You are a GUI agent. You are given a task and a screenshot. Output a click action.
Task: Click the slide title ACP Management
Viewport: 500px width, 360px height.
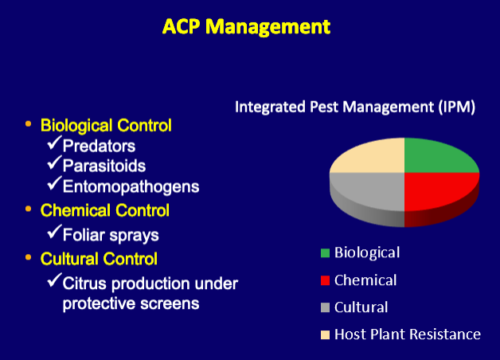[246, 26]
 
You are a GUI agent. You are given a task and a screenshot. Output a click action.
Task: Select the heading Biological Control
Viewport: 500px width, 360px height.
[106, 125]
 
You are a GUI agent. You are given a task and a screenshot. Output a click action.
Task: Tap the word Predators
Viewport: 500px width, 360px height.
[99, 146]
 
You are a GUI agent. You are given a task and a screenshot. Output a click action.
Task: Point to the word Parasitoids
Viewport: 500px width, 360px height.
[104, 166]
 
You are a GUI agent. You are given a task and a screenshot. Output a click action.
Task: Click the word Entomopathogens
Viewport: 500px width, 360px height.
[131, 186]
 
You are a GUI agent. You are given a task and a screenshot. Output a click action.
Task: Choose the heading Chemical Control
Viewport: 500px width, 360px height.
[104, 210]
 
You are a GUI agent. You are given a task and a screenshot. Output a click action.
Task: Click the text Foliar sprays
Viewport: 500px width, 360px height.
[111, 235]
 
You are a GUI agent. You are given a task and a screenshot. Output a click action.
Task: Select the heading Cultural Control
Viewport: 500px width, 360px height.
[99, 259]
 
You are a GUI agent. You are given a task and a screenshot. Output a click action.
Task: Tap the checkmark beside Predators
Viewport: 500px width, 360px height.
[54, 143]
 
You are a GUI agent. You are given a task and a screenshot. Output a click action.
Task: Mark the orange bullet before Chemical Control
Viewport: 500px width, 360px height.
[28, 209]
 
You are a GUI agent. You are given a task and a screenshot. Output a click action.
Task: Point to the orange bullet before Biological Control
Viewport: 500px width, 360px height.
[28, 123]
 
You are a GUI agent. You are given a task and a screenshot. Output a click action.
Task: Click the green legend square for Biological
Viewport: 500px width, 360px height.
[325, 253]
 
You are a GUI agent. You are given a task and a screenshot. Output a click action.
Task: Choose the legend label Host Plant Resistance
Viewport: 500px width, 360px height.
[407, 335]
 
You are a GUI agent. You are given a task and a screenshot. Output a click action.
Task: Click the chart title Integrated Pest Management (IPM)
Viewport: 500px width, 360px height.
[355, 107]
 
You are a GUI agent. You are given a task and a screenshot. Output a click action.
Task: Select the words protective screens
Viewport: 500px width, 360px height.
[131, 303]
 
